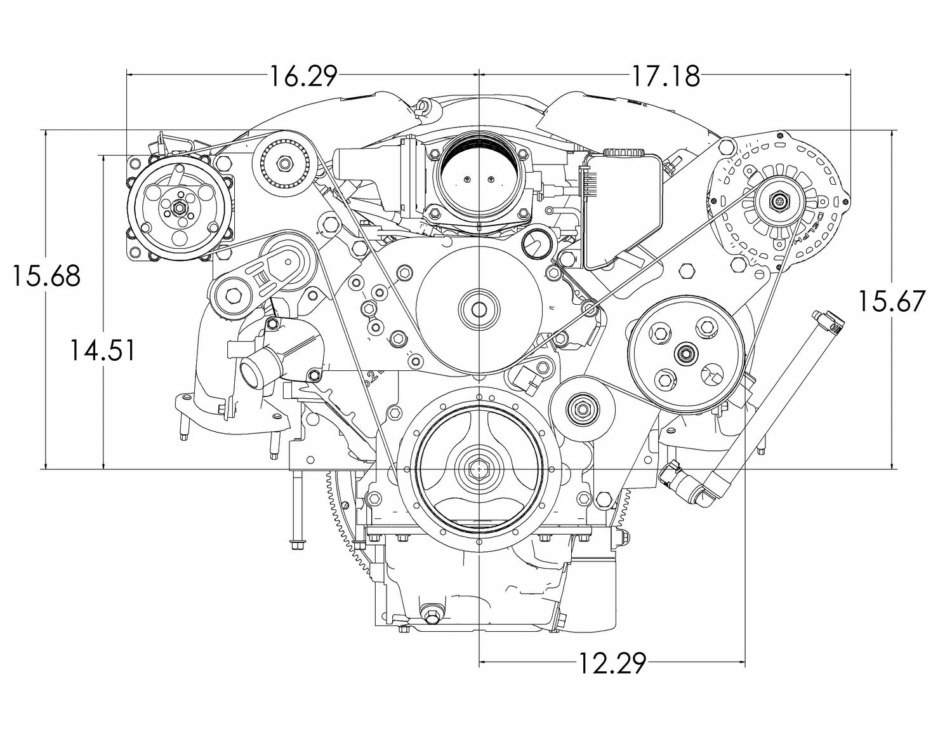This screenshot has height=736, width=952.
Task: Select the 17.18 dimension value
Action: tap(665, 76)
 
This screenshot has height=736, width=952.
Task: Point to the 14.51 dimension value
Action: tap(102, 350)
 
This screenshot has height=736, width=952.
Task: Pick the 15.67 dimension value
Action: tap(892, 301)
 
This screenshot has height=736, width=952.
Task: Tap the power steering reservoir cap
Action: tap(623, 154)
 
